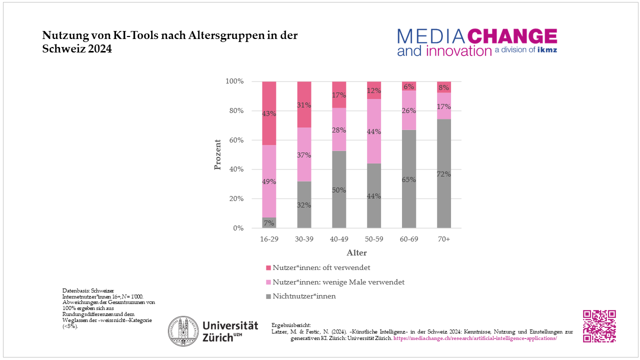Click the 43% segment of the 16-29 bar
(269, 113)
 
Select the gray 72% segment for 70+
(444, 173)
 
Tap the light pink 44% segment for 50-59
(374, 131)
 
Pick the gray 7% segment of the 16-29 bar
(269, 223)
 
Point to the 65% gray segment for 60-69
(409, 179)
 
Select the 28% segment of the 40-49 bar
(339, 129)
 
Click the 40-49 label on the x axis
(339, 239)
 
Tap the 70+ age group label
(444, 239)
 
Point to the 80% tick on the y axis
(234, 110)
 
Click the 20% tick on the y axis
(234, 198)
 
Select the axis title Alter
(356, 253)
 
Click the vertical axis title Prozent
(217, 154)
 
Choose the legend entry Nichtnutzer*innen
(304, 296)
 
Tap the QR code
(599, 326)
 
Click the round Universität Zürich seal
(183, 331)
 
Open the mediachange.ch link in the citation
(475, 338)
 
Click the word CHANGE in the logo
(512, 36)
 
